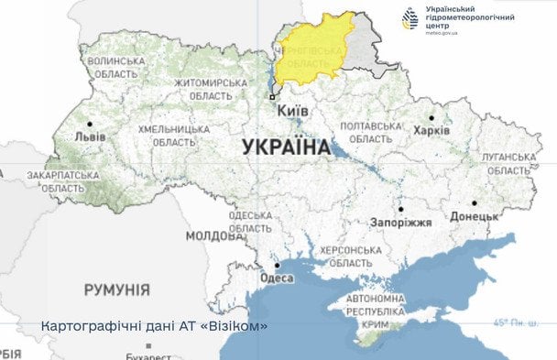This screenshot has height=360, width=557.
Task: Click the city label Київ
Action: click(293, 110)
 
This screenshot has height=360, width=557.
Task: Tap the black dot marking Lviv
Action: click(90, 123)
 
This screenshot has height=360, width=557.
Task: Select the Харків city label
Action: click(431, 131)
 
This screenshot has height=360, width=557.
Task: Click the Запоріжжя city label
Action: click(400, 223)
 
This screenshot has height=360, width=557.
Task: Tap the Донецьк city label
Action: click(474, 217)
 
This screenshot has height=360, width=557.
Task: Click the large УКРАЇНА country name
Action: click(287, 147)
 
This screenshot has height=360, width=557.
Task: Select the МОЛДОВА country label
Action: click(213, 235)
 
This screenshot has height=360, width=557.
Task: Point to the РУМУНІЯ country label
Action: click(116, 289)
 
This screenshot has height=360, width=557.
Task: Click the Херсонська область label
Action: click(349, 256)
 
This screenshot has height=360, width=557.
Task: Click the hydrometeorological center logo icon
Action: click(410, 18)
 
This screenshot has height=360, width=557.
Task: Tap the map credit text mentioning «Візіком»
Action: click(155, 326)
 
